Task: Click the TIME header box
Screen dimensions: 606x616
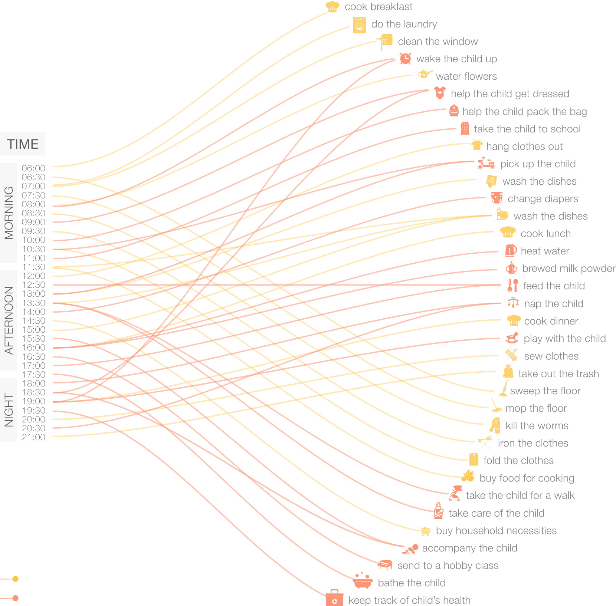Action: [23, 144]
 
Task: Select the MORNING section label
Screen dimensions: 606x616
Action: [8, 213]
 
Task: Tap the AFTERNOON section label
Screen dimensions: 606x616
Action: [8, 320]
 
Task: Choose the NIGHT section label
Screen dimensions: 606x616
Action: [8, 410]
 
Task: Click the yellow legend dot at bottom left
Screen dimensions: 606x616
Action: [15, 579]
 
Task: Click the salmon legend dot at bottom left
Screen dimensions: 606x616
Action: [15, 598]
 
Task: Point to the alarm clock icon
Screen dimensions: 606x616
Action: [405, 59]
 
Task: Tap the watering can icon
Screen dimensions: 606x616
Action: [425, 74]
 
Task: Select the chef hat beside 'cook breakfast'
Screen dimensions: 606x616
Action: [332, 7]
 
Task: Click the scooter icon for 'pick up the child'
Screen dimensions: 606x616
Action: [486, 164]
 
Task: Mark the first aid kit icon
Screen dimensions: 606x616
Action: [334, 599]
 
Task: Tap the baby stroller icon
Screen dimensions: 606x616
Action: [455, 494]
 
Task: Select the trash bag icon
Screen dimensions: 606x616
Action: [508, 372]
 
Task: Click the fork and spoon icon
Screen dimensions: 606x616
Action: [512, 286]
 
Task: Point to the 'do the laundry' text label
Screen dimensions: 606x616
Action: [404, 24]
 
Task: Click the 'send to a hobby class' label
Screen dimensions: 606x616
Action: [448, 566]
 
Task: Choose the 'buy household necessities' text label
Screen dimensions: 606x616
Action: [496, 531]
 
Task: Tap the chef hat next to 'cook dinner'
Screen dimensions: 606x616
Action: [514, 320]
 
